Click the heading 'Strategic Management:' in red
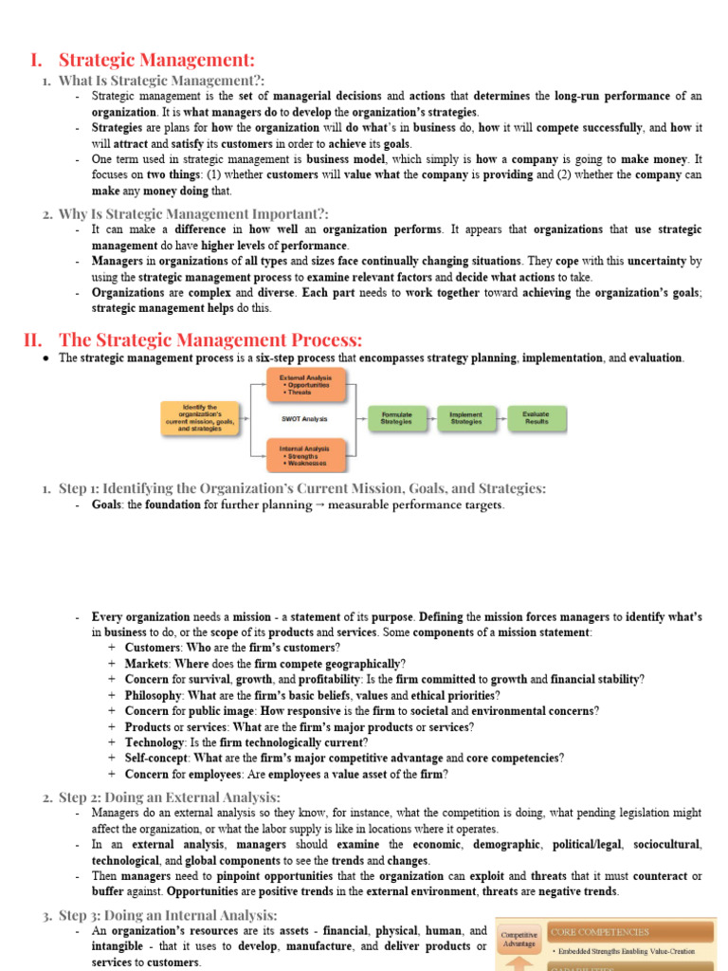(x=156, y=60)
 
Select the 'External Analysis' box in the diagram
(x=304, y=384)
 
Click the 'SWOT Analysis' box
(x=304, y=418)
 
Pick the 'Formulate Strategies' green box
(x=396, y=418)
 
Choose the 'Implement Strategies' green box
(x=466, y=418)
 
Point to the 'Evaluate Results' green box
(x=537, y=418)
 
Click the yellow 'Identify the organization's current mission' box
(x=199, y=418)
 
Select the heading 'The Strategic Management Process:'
(x=210, y=339)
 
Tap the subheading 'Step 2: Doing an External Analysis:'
(x=170, y=797)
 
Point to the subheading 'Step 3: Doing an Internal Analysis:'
(x=168, y=915)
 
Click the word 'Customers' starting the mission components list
(x=152, y=648)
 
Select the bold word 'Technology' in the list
(x=154, y=742)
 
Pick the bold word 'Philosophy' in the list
(x=154, y=695)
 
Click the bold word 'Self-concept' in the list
(x=156, y=759)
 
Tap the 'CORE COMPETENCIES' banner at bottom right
(x=632, y=932)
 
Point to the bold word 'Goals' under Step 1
(x=106, y=505)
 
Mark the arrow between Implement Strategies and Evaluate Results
(x=501, y=418)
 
